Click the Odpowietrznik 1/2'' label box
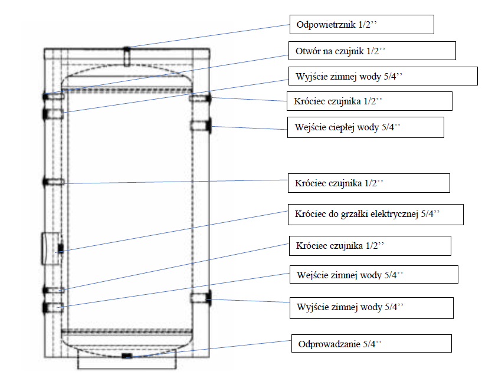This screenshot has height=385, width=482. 362,25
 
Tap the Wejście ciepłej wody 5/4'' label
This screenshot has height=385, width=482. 365,127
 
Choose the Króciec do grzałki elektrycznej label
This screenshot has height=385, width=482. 375,215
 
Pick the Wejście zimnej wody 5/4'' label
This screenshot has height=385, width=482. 373,275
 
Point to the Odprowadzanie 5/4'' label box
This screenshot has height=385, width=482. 372,343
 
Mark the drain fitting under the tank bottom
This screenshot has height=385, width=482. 127,356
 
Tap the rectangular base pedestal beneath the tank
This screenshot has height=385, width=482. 127,363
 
